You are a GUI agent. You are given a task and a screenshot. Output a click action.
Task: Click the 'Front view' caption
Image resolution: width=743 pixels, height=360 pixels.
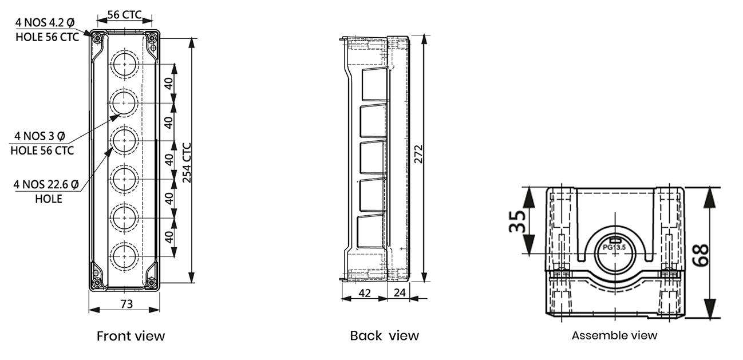pyautogui.click(x=131, y=336)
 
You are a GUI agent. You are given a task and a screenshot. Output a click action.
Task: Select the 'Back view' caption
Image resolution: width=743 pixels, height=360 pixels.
pyautogui.click(x=385, y=336)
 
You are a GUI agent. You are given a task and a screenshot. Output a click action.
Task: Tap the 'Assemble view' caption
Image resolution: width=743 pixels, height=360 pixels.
pyautogui.click(x=614, y=335)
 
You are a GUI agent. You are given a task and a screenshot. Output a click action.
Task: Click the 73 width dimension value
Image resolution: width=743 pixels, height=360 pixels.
pyautogui.click(x=127, y=304)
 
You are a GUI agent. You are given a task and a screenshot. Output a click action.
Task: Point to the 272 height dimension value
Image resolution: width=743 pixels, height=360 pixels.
pyautogui.click(x=418, y=154)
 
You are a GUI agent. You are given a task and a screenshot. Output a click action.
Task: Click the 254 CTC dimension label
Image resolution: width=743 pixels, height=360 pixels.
pyautogui.click(x=187, y=163)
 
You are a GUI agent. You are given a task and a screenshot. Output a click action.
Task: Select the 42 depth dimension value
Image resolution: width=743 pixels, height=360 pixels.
pyautogui.click(x=365, y=293)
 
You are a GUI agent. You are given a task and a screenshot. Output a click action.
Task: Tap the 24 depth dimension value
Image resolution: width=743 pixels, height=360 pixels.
pyautogui.click(x=400, y=292)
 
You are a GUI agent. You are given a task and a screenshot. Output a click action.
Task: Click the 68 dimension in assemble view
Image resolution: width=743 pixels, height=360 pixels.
pyautogui.click(x=700, y=255)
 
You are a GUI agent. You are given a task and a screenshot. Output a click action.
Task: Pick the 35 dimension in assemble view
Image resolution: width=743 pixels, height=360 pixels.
pyautogui.click(x=517, y=221)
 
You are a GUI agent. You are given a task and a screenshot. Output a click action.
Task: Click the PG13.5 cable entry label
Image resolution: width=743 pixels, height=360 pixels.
pyautogui.click(x=614, y=247)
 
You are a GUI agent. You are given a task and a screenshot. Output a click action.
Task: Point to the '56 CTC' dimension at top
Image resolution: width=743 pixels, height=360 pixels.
pyautogui.click(x=124, y=15)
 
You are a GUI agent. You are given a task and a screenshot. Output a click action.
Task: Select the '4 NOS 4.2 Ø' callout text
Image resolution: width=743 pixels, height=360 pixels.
pyautogui.click(x=45, y=22)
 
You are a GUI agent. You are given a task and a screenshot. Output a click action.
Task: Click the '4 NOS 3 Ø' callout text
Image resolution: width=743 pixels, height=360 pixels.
pyautogui.click(x=39, y=136)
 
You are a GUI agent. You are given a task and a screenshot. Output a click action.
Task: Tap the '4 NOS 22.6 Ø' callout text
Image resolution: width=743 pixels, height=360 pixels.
pyautogui.click(x=46, y=184)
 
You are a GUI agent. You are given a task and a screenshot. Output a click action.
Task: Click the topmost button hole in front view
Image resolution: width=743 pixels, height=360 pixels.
pyautogui.click(x=124, y=64)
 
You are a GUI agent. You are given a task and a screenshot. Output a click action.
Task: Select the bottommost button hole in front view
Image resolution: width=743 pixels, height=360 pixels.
pyautogui.click(x=124, y=256)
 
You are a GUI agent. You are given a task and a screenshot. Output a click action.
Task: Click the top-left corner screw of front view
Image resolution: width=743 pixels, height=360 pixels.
pyautogui.click(x=97, y=38)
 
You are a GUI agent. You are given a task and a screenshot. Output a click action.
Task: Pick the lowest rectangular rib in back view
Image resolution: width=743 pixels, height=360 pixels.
pyautogui.click(x=372, y=232)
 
